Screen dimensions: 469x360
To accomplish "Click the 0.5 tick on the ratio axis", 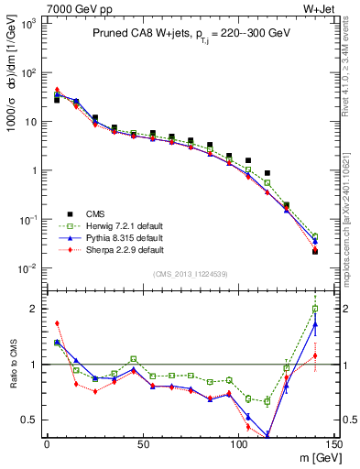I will (32, 420).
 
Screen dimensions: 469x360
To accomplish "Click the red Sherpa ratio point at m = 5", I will (57, 323).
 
